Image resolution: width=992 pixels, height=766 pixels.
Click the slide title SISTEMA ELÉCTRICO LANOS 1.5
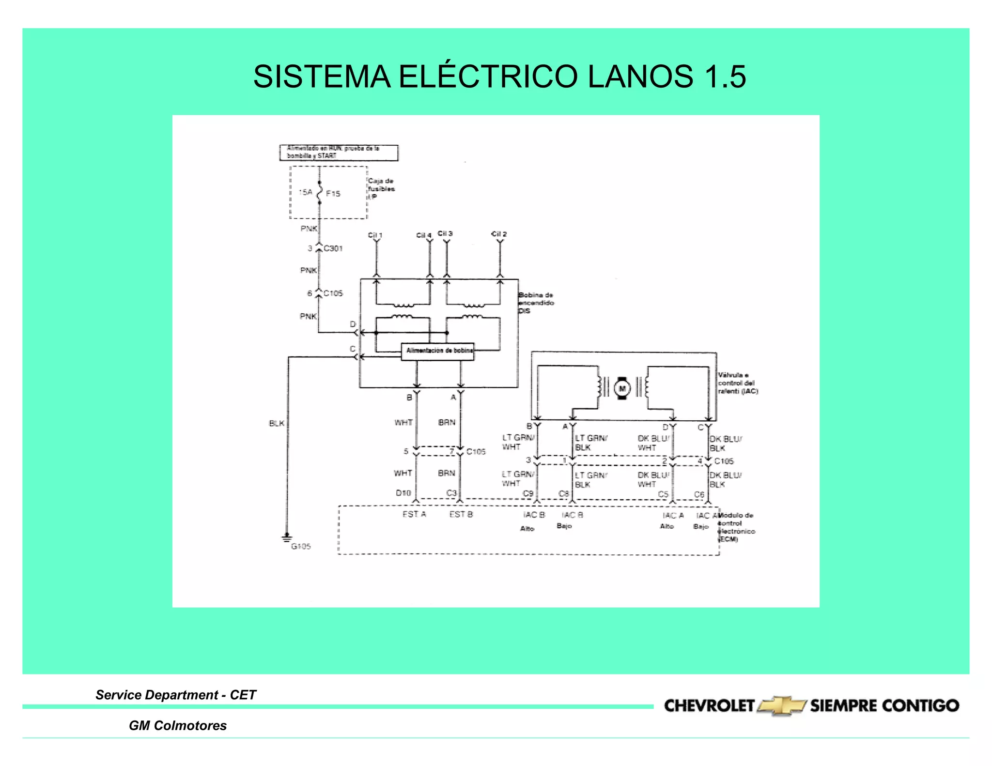pos(499,77)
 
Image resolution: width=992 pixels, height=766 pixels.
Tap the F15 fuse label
pos(333,194)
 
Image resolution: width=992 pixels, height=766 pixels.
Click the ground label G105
pos(301,546)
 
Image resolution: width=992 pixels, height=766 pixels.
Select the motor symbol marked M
pos(622,388)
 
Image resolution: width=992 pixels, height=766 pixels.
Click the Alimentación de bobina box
pos(438,351)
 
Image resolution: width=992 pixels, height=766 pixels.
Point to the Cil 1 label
pos(375,235)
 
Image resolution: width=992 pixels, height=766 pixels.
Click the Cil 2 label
pos(499,234)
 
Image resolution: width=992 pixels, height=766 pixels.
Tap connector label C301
pos(333,248)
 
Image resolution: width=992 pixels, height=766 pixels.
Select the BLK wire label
pos(277,423)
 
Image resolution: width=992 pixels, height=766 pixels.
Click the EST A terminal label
pos(414,514)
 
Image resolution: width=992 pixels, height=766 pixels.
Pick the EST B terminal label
pos(461,514)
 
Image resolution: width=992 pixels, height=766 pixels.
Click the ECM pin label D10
pos(403,493)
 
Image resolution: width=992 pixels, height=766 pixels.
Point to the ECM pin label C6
pos(699,494)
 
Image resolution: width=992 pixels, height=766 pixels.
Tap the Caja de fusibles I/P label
pos(381,189)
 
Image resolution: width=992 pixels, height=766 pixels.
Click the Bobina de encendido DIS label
pos(536,303)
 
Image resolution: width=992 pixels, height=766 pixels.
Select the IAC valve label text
pos(737,383)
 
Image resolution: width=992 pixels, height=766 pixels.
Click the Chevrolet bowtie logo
pos(781,706)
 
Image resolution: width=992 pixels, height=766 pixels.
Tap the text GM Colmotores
pos(177,725)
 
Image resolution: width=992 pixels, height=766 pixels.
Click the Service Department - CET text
pos(175,695)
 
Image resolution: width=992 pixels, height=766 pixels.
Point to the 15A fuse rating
pos(305,192)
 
